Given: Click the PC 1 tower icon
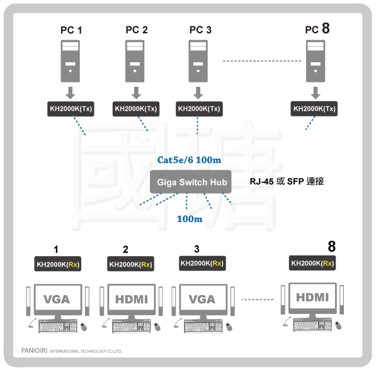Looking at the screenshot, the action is (71, 61).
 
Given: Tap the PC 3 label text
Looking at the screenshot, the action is (200, 30).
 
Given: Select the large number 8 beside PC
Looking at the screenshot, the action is (326, 28).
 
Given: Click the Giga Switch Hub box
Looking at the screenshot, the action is (191, 182).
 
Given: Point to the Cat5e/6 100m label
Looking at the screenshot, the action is (189, 160).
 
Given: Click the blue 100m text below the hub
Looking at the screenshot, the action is (190, 219).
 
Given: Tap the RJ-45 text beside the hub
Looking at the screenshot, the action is (261, 181).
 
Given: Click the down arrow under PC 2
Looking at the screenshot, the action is (136, 93).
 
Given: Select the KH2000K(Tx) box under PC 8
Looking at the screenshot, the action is (314, 109).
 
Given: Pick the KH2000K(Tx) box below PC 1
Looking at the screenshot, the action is (71, 109).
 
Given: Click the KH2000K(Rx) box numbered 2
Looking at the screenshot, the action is (131, 264).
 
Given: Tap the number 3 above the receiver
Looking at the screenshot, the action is (197, 249).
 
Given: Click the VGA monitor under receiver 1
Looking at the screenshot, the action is (58, 299).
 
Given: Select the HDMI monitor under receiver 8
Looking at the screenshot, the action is (312, 298).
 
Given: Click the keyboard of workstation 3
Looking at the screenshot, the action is (203, 326).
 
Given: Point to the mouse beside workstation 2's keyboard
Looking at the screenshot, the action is (157, 326).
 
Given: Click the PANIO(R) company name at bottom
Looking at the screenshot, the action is (34, 350).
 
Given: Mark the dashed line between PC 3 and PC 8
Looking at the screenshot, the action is (262, 61).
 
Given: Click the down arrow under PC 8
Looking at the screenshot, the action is (316, 93).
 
